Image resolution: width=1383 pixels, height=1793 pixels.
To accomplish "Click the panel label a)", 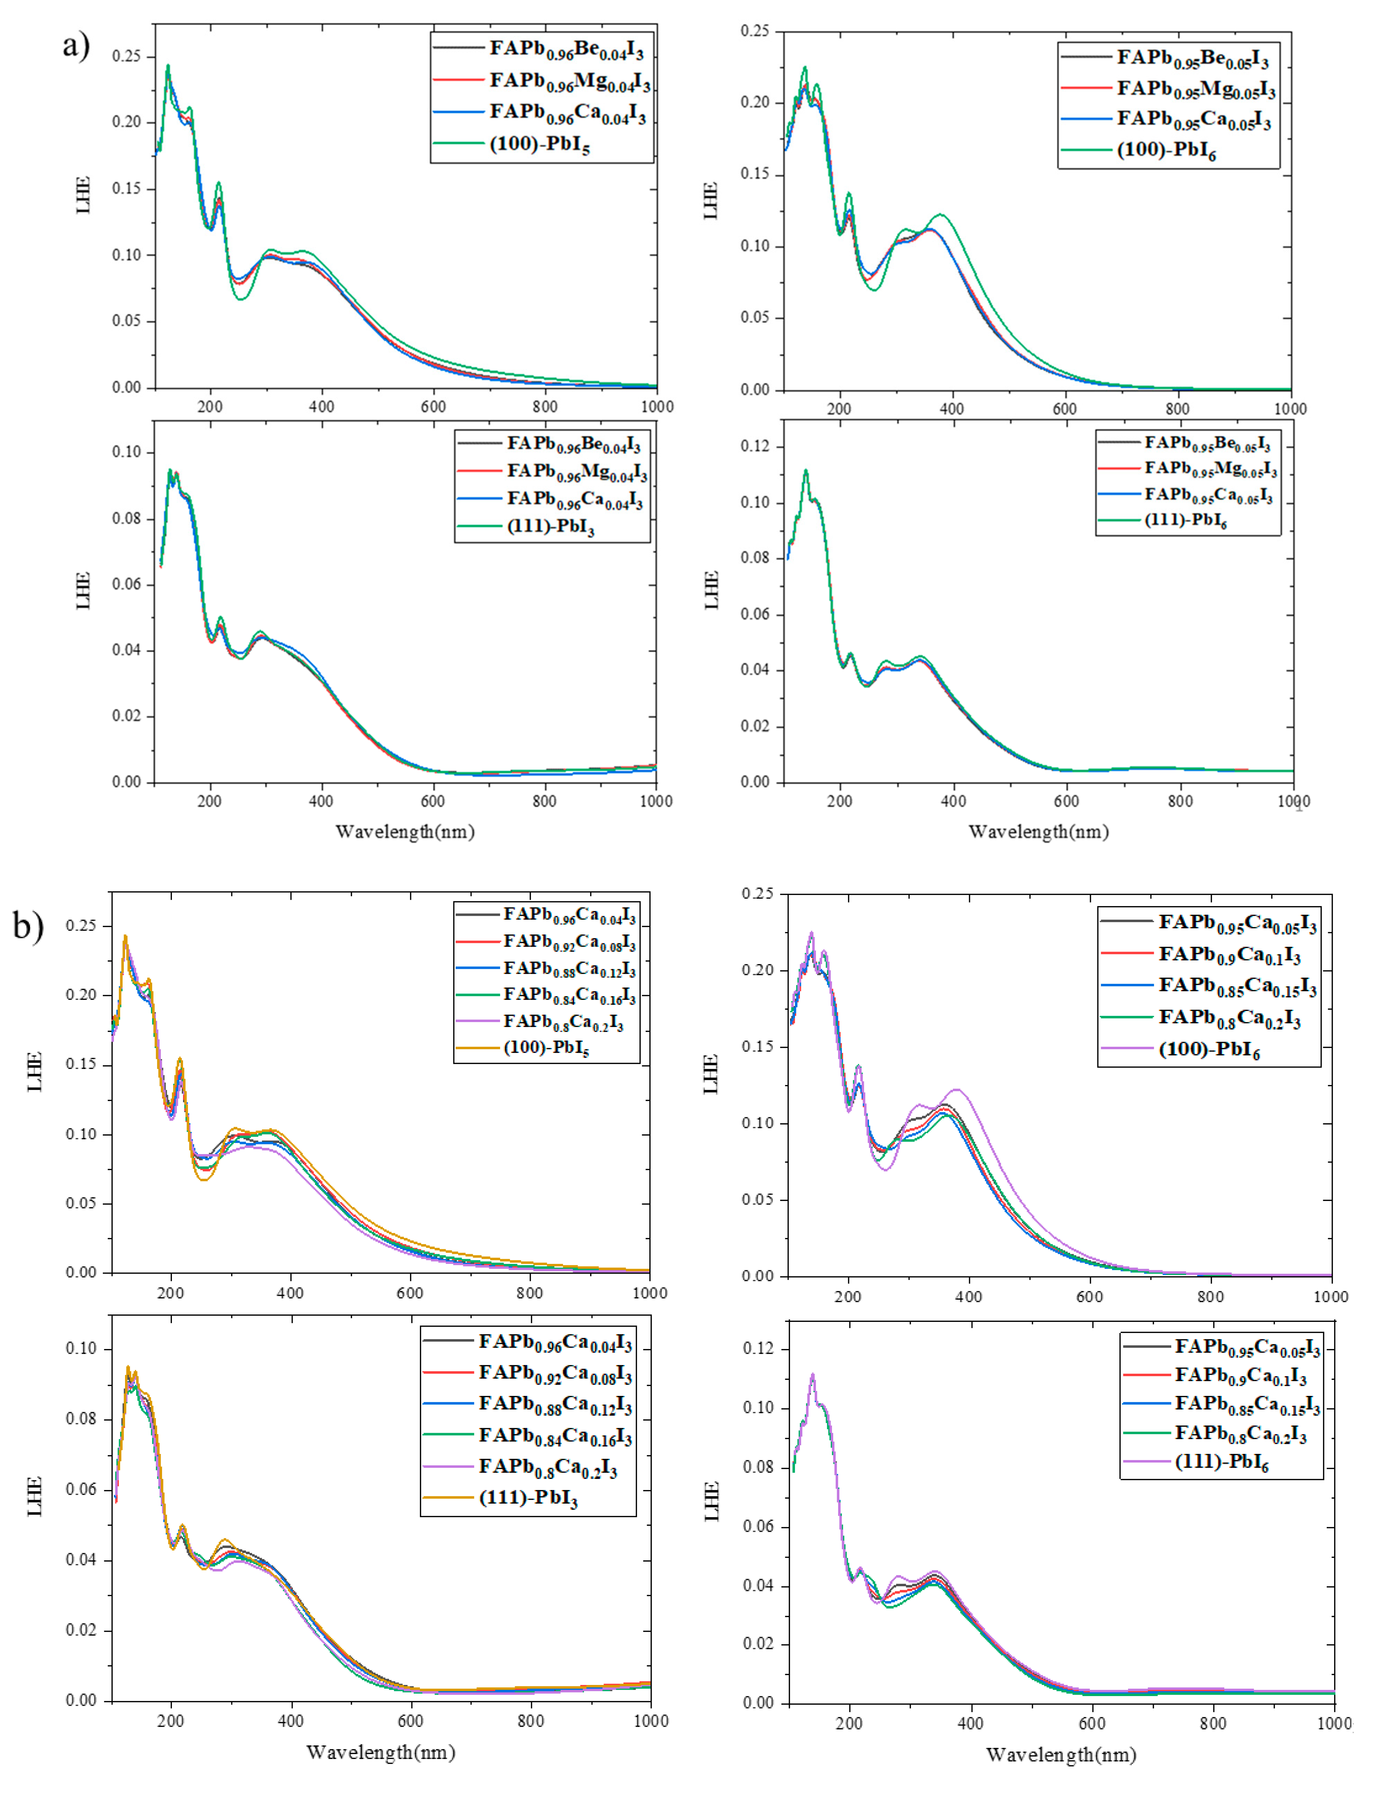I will click(x=75, y=45).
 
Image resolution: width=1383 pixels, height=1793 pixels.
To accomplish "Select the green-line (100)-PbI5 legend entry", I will click(x=539, y=145).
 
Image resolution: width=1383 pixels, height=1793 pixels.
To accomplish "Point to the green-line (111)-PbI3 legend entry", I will click(x=550, y=526).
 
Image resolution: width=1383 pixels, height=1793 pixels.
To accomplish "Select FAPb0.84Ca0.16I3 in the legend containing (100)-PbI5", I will click(x=569, y=995).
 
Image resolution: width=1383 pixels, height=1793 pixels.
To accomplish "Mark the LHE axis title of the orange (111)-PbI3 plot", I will click(x=34, y=1496).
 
